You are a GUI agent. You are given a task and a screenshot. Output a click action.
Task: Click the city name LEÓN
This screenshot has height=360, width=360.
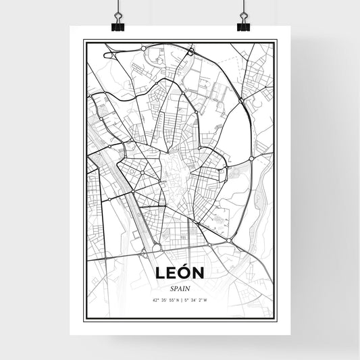click(x=179, y=273)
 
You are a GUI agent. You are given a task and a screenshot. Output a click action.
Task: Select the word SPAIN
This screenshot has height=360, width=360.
click(x=179, y=288)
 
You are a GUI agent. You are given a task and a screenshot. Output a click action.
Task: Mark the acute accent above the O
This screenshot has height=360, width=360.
click(x=186, y=265)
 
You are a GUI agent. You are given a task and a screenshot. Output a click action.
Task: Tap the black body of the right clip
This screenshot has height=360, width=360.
click(x=242, y=27)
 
